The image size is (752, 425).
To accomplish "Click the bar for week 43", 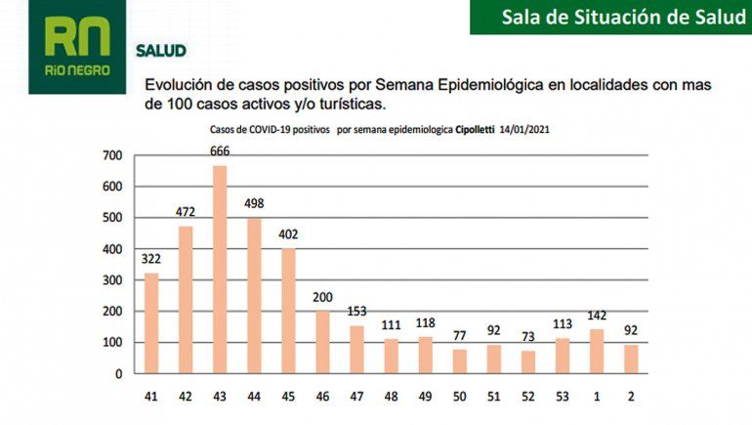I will point(220,270).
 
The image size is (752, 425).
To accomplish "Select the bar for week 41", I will point(151,323).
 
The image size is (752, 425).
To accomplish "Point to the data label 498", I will point(254,203).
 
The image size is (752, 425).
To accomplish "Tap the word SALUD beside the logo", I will point(161,50).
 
